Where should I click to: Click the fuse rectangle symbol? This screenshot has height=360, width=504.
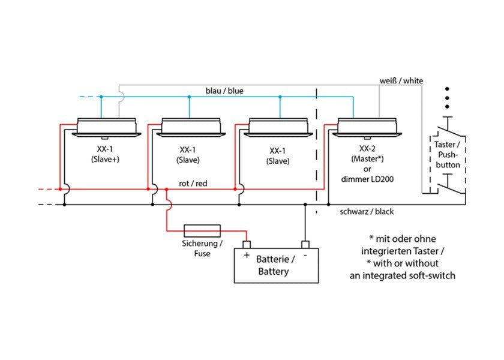(202, 231)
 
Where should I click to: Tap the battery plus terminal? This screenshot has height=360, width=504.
(247, 245)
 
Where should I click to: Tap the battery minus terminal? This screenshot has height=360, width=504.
(305, 245)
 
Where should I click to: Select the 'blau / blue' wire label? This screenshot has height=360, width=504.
(224, 91)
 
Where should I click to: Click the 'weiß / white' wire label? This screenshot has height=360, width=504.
(401, 80)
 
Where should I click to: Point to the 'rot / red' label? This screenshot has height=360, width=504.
(193, 184)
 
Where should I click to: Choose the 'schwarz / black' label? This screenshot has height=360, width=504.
(367, 211)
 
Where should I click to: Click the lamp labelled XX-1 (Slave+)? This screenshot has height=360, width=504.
(106, 128)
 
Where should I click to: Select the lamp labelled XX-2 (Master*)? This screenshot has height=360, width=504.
(367, 128)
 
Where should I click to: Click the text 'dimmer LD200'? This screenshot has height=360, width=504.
(367, 179)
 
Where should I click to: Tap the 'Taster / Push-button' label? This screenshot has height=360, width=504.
(448, 155)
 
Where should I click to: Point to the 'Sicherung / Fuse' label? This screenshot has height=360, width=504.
(202, 248)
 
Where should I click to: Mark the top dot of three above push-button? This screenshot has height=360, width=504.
(447, 89)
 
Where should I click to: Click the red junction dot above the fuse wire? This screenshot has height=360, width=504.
(167, 190)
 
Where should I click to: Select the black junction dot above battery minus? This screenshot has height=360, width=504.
(305, 205)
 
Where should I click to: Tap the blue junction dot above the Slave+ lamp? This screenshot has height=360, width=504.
(101, 97)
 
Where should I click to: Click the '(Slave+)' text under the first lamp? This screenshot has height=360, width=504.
(105, 159)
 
